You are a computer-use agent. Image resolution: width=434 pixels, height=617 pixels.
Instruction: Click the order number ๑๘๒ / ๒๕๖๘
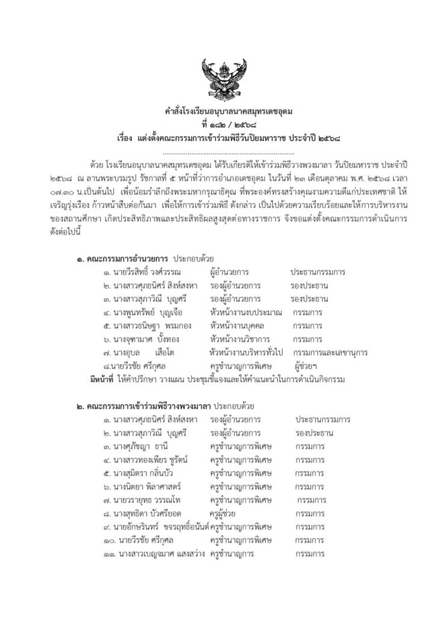pyautogui.click(x=224, y=125)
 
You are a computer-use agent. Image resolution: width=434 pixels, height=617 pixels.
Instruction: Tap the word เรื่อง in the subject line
pyautogui.click(x=128, y=137)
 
